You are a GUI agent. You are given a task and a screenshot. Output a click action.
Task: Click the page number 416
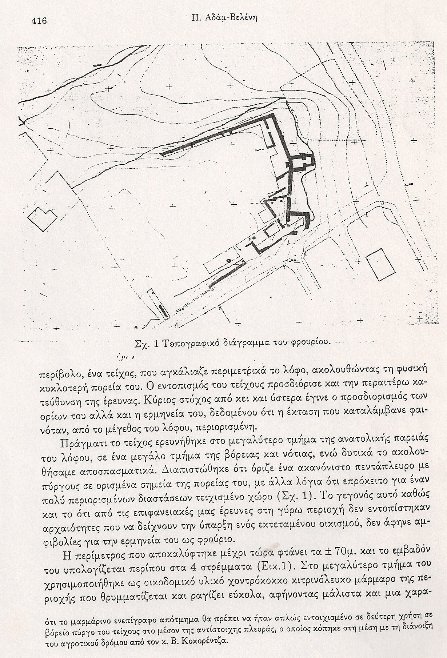[x=39, y=21]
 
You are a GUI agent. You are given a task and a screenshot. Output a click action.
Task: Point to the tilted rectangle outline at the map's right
[x=380, y=266]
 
